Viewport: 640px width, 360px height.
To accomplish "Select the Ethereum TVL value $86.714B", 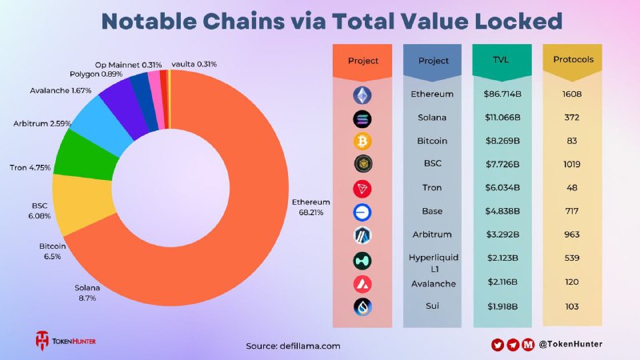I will pos(502,94).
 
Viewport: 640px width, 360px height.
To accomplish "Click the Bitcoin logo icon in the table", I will pos(362,142).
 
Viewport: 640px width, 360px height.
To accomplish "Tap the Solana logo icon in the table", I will pos(362,118).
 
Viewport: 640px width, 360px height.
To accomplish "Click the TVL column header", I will pos(502,61).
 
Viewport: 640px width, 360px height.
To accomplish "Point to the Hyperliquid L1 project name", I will pos(432,263).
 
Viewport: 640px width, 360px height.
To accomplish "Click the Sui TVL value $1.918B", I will pos(502,306).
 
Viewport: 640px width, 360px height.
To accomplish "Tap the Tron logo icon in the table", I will pos(362,189).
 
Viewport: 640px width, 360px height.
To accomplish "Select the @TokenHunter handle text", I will pos(570,344).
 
